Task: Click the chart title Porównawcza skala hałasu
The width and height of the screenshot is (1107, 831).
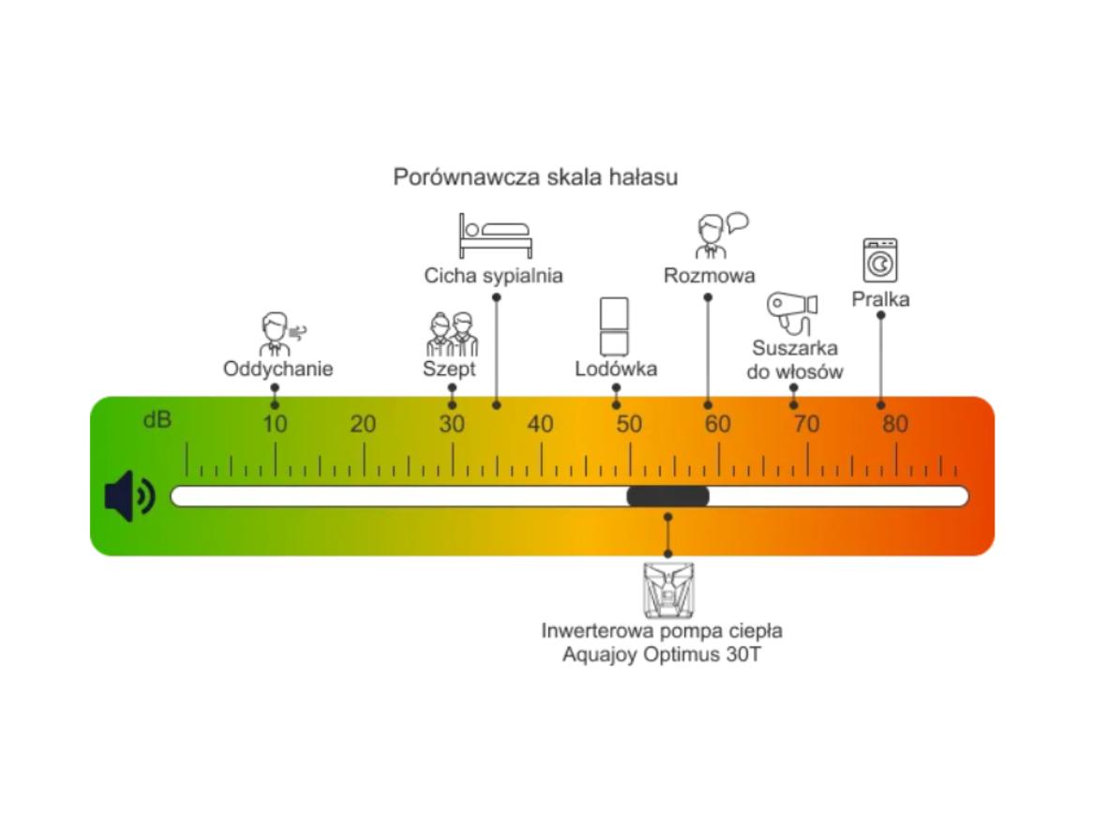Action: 535,176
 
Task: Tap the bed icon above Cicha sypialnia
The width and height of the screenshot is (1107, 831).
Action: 495,236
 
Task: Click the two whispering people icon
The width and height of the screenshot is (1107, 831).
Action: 452,334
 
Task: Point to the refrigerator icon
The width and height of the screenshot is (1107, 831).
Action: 614,326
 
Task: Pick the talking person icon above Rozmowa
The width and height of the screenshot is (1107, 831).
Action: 719,235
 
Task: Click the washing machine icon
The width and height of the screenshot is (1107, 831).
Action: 880,261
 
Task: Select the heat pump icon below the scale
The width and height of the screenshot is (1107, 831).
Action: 667,590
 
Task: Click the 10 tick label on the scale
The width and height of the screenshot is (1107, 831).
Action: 275,425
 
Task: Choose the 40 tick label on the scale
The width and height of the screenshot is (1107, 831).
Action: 541,425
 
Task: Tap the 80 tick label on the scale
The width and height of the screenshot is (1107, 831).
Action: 895,425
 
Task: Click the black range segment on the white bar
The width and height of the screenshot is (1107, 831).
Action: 667,496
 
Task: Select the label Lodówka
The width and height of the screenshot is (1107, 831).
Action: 616,369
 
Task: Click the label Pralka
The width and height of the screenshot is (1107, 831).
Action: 880,299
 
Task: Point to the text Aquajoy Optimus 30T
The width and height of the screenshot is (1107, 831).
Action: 662,655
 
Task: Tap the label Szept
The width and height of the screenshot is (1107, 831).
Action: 449,369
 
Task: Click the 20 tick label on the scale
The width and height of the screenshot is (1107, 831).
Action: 363,425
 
